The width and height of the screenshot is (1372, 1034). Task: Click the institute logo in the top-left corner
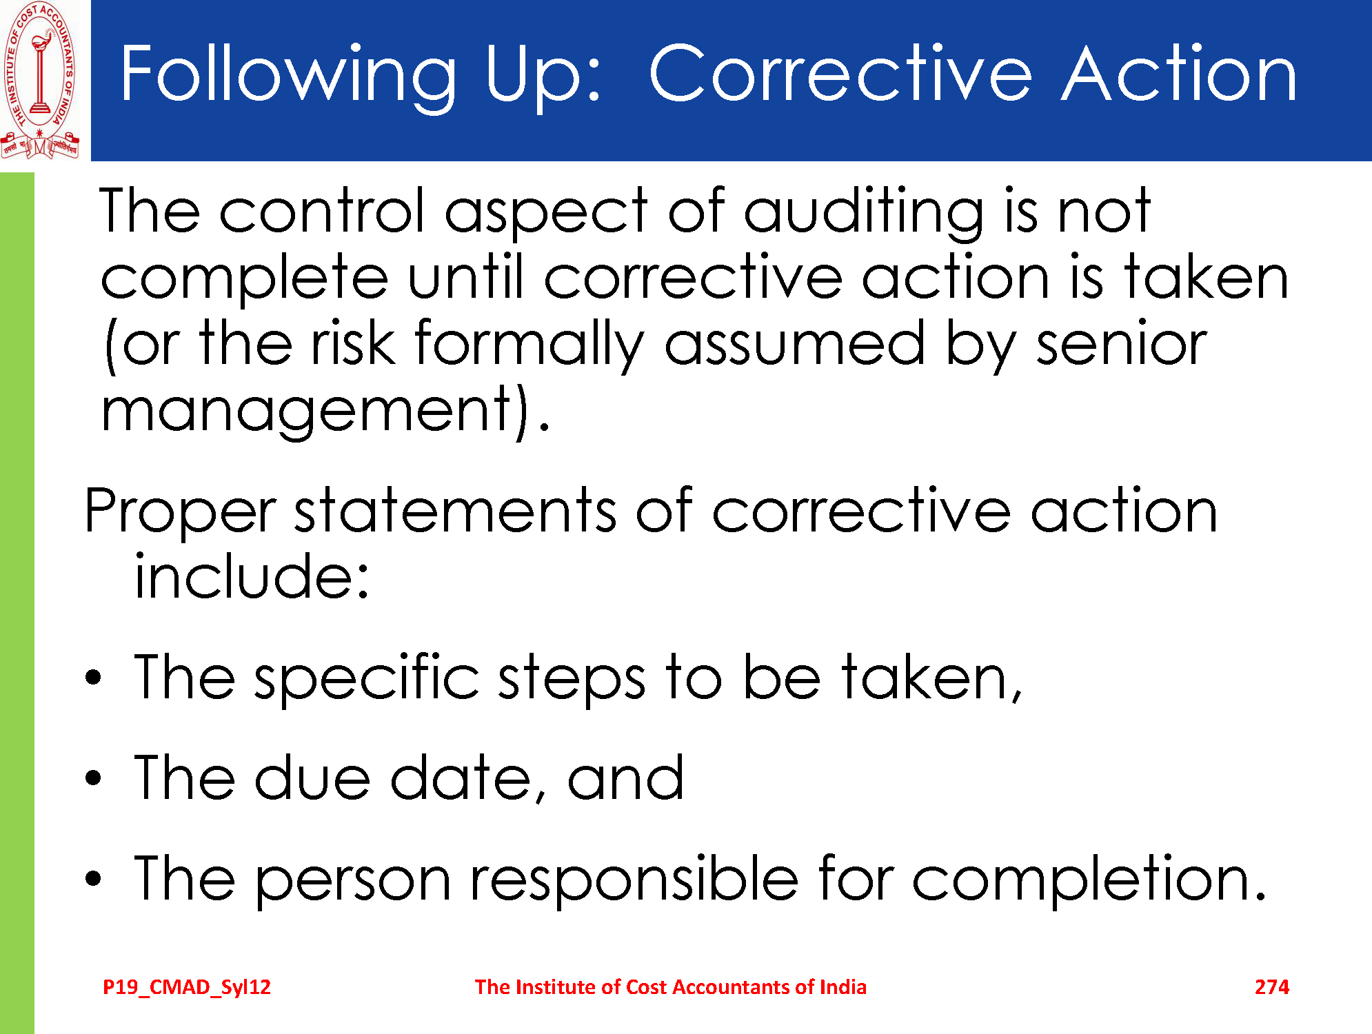(40, 80)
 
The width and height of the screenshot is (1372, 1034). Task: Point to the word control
(323, 210)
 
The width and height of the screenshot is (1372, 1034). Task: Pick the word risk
(353, 342)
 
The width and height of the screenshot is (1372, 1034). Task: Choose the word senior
(1122, 343)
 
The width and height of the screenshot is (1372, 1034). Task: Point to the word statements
(455, 510)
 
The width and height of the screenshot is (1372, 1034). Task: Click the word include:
(252, 576)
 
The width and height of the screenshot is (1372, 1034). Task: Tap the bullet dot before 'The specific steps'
(93, 677)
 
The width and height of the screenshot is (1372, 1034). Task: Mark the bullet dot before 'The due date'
(93, 778)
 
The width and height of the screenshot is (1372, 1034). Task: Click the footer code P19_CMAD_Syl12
(187, 987)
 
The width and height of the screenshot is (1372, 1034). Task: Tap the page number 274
(1272, 987)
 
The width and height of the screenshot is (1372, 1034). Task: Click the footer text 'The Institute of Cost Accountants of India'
(671, 986)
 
